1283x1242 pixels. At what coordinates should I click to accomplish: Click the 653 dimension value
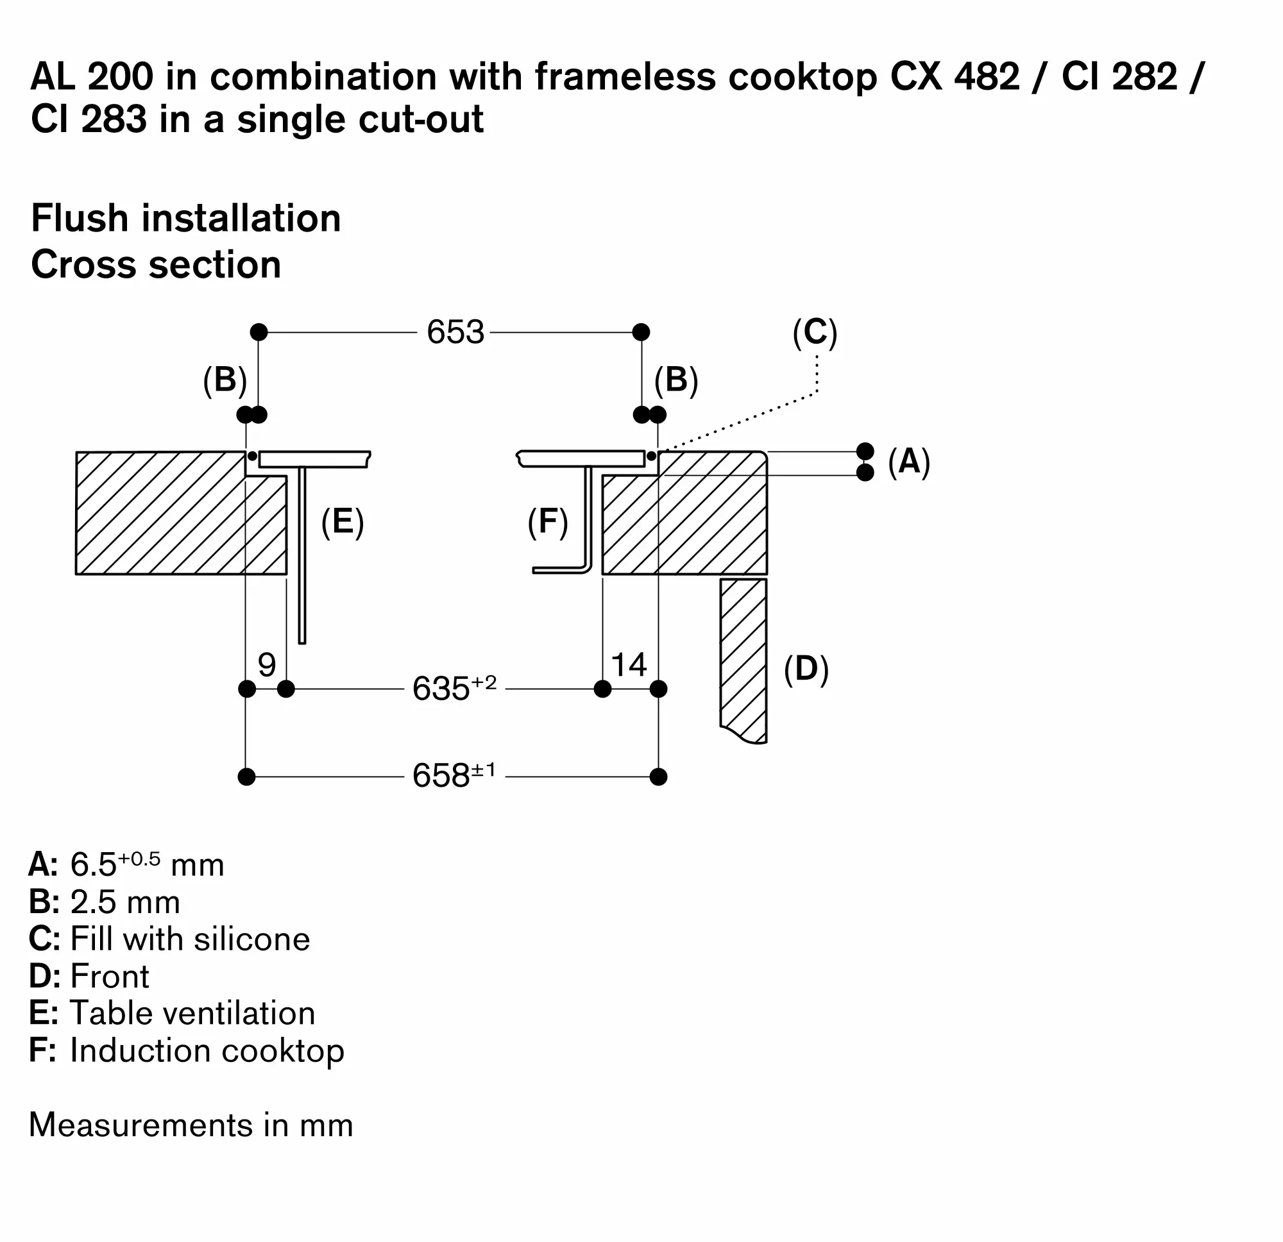coord(455,331)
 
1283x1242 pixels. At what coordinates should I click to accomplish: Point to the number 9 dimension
coord(266,665)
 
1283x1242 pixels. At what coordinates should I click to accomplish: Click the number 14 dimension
coord(629,665)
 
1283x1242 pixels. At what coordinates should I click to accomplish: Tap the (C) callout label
coord(814,332)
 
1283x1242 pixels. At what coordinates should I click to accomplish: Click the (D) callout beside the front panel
coord(806,669)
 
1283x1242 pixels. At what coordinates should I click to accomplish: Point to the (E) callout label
coord(343,521)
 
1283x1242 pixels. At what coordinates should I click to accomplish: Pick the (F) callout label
coord(548,521)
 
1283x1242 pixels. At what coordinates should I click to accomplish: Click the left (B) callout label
coord(225,380)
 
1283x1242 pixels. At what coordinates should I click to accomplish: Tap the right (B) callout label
coord(676,380)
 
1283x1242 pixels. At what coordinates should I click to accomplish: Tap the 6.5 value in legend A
coord(93,864)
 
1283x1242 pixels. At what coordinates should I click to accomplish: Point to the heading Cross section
coord(156,264)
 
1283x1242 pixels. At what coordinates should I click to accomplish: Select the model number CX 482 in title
coord(955,76)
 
